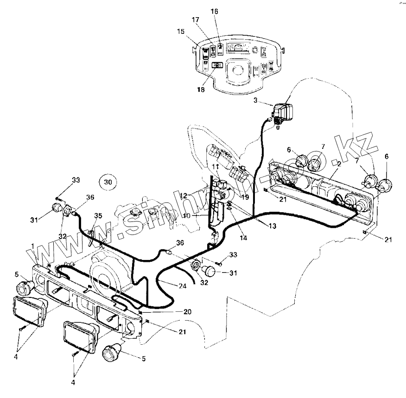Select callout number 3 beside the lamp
(x=256, y=100)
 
